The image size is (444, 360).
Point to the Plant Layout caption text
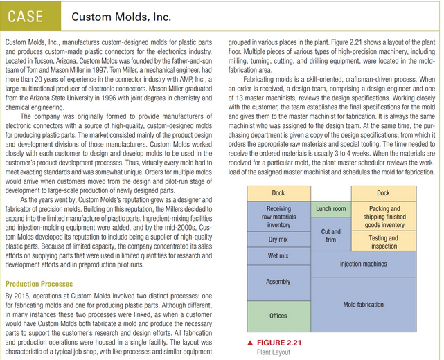click(272, 352)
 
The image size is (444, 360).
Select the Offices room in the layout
click(278, 316)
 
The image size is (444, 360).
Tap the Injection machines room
click(364, 264)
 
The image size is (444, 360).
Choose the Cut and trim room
click(330, 235)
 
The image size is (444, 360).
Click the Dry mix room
click(278, 240)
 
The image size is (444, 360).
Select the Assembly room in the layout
click(278, 282)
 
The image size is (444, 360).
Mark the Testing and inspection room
click(383, 242)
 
